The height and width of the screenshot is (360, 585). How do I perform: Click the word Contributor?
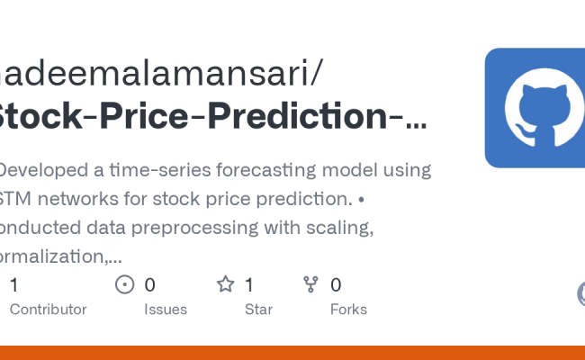[48, 309]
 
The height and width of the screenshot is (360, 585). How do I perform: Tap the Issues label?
[166, 309]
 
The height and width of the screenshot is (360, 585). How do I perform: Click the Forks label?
[347, 309]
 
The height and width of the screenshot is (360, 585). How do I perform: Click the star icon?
[225, 284]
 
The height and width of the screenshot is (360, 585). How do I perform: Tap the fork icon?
[311, 284]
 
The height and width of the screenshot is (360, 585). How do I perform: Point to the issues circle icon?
[125, 284]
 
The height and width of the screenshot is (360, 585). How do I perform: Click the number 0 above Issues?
[150, 284]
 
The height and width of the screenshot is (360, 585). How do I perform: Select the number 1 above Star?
[249, 284]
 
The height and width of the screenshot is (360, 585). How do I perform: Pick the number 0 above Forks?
[336, 284]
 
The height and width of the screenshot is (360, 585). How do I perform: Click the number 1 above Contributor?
[13, 284]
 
